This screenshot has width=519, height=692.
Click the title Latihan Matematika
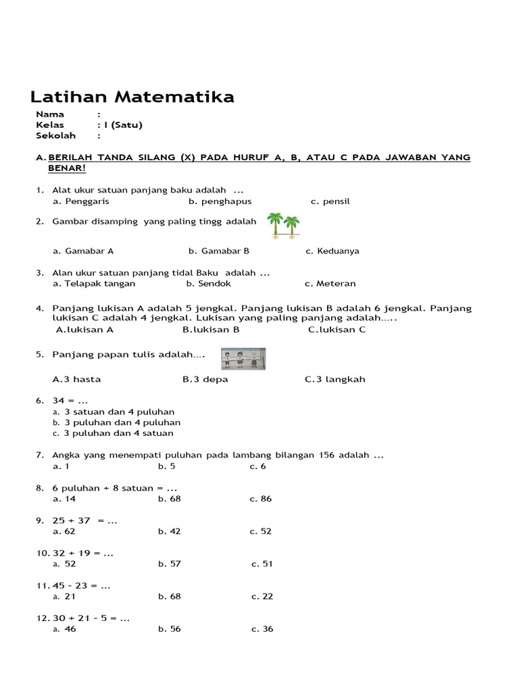click(133, 97)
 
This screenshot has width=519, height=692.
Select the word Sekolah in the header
click(55, 136)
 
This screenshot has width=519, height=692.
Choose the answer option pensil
click(335, 201)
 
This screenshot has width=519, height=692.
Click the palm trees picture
click(283, 226)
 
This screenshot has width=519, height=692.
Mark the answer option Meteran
click(335, 284)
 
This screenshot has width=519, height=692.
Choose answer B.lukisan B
click(211, 330)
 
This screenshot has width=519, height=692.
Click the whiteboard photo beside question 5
click(243, 359)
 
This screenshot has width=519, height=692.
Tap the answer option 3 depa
click(205, 379)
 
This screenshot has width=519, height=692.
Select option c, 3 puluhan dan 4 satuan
click(118, 433)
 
